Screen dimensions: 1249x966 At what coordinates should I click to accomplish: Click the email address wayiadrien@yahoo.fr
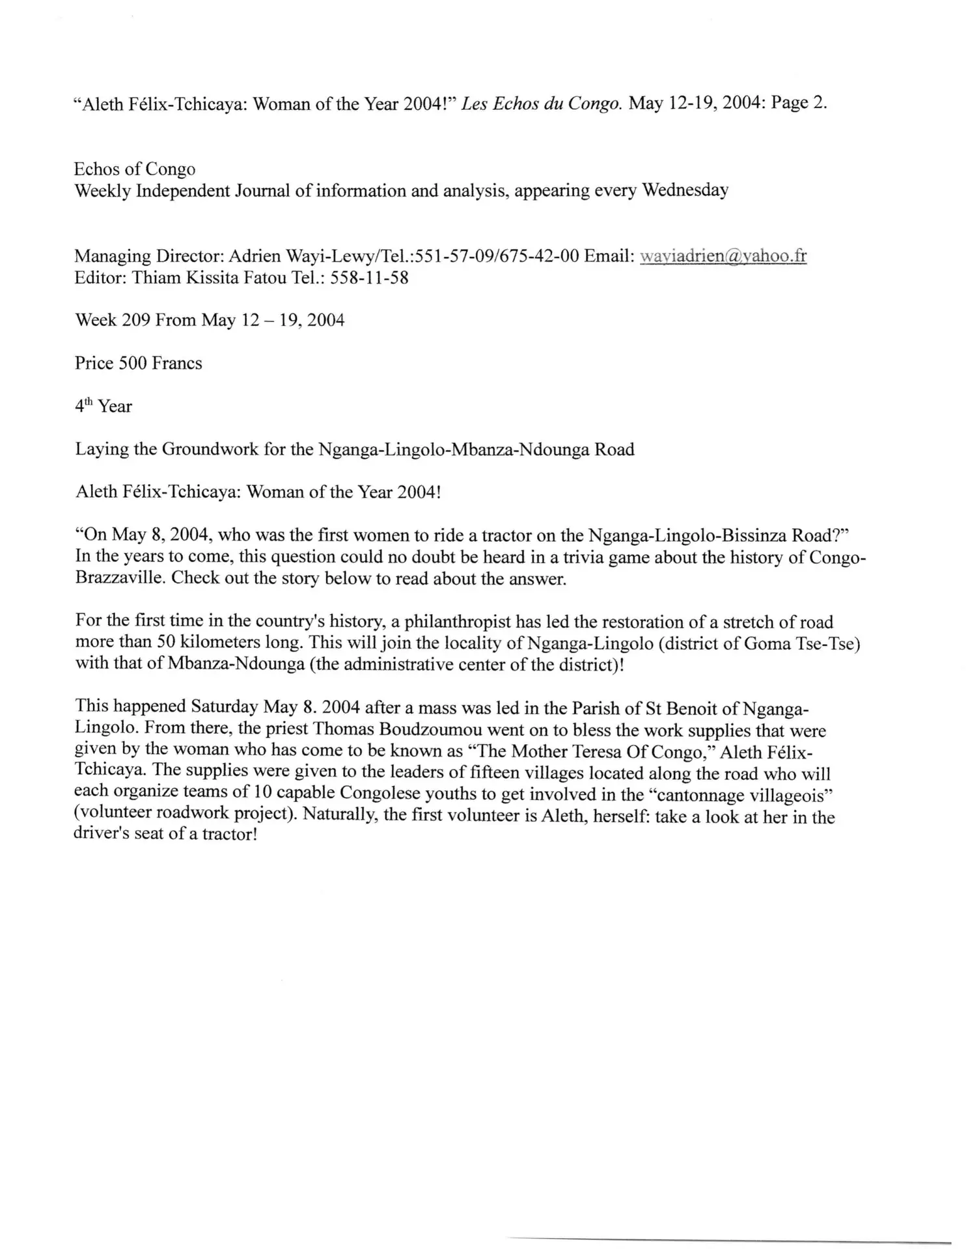pyautogui.click(x=723, y=256)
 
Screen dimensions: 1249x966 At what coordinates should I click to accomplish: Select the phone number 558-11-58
pyautogui.click(x=369, y=278)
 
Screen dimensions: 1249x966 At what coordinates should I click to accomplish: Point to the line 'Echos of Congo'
pyautogui.click(x=135, y=169)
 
